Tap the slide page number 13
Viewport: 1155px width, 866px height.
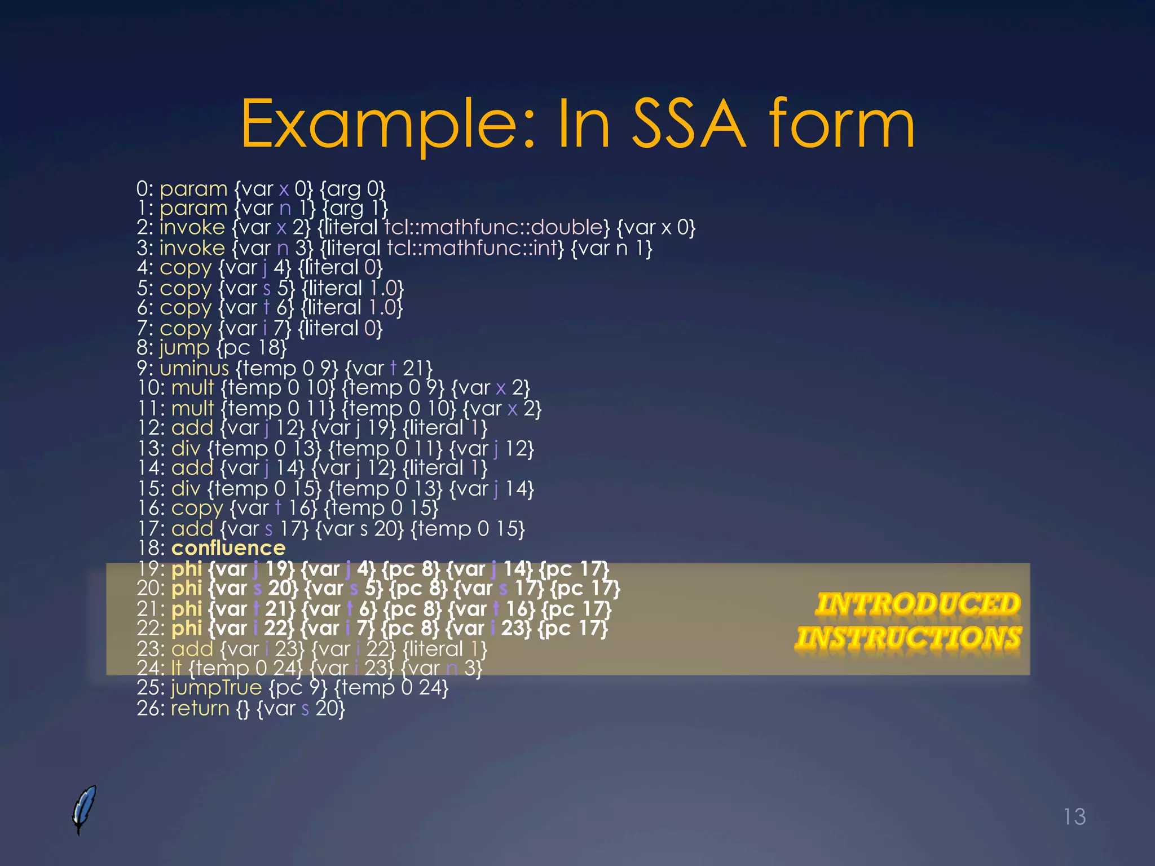pyautogui.click(x=1074, y=816)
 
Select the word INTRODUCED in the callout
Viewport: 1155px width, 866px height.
pyautogui.click(x=918, y=604)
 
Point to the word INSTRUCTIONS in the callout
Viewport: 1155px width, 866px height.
pyautogui.click(x=909, y=638)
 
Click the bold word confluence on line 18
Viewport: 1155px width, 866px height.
pyautogui.click(x=228, y=548)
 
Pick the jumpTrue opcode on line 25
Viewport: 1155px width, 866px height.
pyautogui.click(x=216, y=688)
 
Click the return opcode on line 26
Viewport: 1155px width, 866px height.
pyautogui.click(x=200, y=708)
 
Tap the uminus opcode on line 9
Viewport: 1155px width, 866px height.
pyautogui.click(x=194, y=368)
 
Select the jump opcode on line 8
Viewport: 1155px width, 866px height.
pyautogui.click(x=184, y=348)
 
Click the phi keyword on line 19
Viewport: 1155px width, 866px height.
pyautogui.click(x=186, y=569)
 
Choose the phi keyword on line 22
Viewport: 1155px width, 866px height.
pyautogui.click(x=186, y=629)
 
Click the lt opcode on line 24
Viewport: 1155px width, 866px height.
pyautogui.click(x=176, y=668)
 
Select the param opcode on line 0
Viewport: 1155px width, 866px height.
pyautogui.click(x=193, y=189)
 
